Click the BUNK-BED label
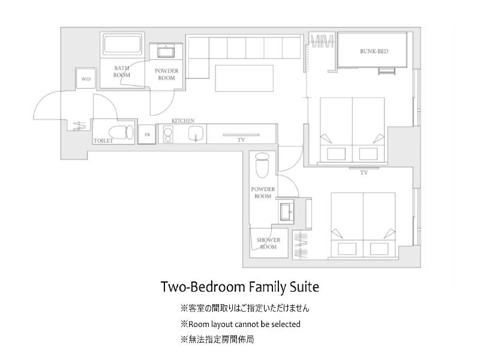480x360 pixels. [374, 51]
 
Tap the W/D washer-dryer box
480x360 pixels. [86, 79]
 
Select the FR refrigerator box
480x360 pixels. [148, 134]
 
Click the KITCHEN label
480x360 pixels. [183, 121]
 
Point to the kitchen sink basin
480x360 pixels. [196, 134]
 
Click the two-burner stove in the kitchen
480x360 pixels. [167, 134]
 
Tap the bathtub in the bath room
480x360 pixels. [122, 45]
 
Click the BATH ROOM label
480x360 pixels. [122, 71]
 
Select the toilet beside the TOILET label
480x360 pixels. [121, 132]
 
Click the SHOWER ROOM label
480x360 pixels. [268, 244]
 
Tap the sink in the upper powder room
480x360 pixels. [166, 51]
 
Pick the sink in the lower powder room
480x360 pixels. [287, 212]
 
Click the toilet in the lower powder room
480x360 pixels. [262, 166]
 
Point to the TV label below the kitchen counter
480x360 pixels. [241, 140]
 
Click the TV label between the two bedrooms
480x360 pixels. [364, 173]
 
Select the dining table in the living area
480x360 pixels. [244, 78]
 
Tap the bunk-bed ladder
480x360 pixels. [386, 71]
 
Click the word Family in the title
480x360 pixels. [267, 287]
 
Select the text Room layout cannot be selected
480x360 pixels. [244, 324]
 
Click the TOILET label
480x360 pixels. [103, 141]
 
